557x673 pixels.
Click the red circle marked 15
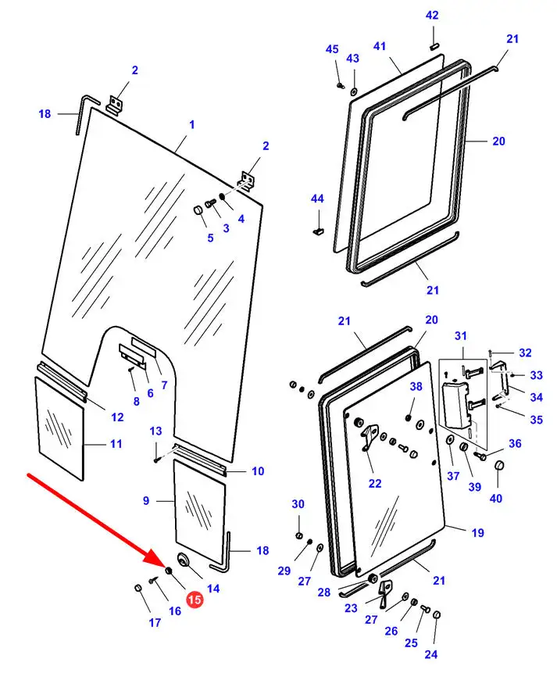click(194, 600)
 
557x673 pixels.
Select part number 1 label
click(191, 125)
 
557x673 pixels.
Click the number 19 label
click(477, 532)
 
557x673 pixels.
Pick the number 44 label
click(316, 199)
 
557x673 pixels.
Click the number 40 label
click(496, 499)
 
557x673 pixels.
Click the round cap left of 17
click(138, 588)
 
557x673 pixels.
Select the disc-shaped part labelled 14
click(185, 560)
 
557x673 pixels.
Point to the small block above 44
click(317, 230)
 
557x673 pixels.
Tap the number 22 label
click(375, 483)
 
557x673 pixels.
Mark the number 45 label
click(332, 50)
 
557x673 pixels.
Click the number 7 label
click(164, 385)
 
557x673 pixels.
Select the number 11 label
click(116, 444)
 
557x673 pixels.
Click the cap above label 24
click(437, 615)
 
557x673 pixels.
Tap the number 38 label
click(416, 386)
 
